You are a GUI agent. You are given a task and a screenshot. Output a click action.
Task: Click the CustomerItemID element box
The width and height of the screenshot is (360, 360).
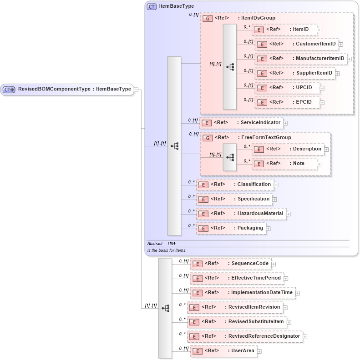click(296, 44)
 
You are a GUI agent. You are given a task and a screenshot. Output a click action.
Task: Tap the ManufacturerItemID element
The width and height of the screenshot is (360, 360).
click(300, 59)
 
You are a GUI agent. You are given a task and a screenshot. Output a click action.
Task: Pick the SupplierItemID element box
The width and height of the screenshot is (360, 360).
click(295, 73)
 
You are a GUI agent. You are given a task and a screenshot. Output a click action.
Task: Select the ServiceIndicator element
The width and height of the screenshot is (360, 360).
click(241, 123)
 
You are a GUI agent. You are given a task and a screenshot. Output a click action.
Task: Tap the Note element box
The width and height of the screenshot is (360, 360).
click(284, 164)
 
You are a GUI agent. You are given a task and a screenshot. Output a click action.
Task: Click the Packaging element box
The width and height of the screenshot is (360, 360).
click(231, 228)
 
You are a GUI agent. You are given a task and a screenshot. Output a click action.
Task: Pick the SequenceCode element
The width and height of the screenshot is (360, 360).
click(231, 264)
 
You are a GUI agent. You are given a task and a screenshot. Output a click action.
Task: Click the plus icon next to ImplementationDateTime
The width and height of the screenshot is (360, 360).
click(298, 293)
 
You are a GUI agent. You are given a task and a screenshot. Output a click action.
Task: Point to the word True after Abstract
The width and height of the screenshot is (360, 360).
click(171, 243)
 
